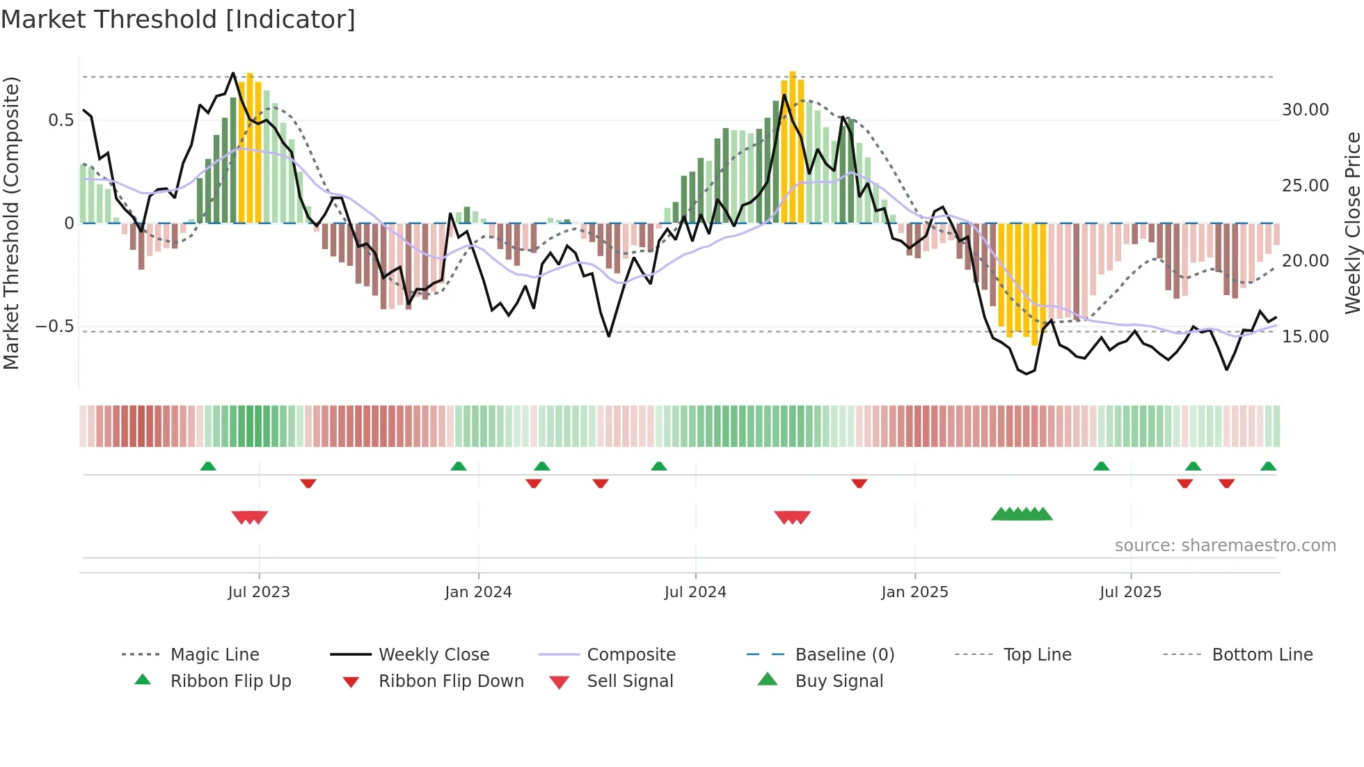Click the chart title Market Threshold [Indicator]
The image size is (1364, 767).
coord(178,19)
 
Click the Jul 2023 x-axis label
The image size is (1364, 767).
coord(259,592)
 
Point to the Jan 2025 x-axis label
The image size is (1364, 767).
coord(914,592)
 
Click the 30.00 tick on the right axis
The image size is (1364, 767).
coord(1305,110)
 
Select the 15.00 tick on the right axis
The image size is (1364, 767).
coord(1305,336)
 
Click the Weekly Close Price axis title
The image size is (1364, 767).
coord(1352,223)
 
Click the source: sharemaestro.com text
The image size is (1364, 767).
coord(1225,545)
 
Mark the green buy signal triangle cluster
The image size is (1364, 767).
coord(1022,514)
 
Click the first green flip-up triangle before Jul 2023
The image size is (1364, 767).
coord(208,466)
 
